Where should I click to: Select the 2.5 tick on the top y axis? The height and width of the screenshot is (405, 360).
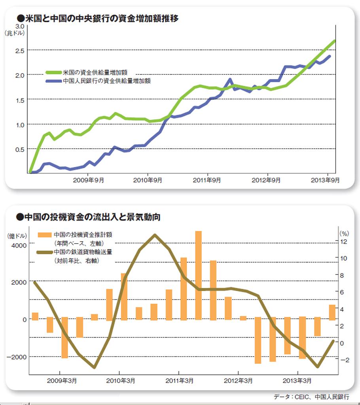click(19, 50)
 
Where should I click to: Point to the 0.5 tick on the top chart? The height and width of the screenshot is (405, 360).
click(19, 149)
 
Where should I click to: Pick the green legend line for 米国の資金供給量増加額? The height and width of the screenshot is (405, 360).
click(53, 73)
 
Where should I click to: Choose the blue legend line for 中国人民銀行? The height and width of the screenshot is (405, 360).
click(53, 81)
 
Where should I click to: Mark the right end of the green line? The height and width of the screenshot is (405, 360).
click(335, 41)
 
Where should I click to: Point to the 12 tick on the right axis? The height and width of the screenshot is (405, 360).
click(343, 241)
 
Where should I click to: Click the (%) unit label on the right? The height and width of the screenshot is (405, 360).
click(343, 233)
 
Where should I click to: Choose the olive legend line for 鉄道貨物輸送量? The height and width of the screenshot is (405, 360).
click(44, 252)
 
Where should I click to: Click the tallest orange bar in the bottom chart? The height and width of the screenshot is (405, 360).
click(199, 275)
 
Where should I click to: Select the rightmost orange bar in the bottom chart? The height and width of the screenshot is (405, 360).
click(332, 312)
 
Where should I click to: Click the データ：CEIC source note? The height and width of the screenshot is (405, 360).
click(311, 397)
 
